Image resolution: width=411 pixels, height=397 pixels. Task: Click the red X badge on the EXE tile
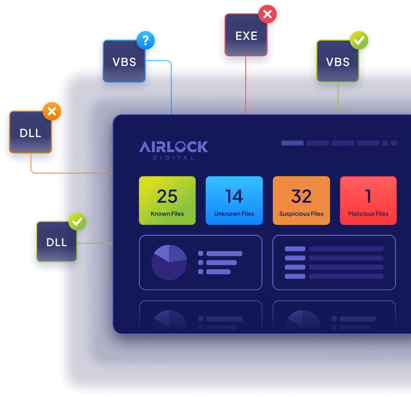267,14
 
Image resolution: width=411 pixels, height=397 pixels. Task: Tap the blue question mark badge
145,40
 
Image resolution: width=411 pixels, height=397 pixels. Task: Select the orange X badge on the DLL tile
52,111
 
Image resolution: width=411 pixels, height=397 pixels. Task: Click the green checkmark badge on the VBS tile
359,40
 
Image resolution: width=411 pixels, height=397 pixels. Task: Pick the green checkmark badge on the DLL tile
77,222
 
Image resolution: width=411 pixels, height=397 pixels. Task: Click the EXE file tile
246,35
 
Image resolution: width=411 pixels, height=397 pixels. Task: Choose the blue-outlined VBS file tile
124,61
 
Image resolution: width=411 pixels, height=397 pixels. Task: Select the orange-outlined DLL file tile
31,132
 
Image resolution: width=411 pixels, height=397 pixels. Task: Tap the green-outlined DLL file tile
57,242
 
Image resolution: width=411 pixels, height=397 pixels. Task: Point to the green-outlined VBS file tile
338,61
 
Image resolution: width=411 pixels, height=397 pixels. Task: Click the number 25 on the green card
167,196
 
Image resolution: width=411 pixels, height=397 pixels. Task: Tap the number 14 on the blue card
234,196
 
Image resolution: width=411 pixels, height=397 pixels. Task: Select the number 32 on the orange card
301,196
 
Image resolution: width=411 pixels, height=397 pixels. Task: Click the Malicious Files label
368,214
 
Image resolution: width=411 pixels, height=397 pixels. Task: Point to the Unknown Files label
234,214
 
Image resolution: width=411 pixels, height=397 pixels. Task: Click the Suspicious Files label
301,214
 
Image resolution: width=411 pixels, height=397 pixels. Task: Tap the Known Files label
167,214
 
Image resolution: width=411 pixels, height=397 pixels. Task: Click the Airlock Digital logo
174,150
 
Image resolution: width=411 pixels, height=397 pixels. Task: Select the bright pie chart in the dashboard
169,262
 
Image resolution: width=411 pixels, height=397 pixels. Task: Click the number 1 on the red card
368,196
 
